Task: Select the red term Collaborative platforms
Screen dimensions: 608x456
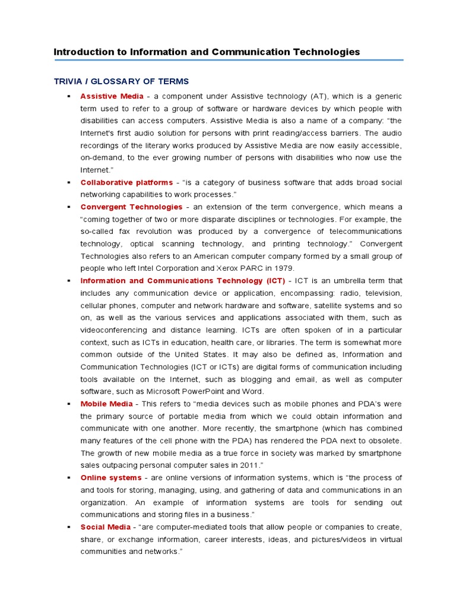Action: point(126,182)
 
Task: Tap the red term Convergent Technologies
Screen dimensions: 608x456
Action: point(131,207)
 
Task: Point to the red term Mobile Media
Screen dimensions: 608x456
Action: point(107,404)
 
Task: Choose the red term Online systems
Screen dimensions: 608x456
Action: point(111,477)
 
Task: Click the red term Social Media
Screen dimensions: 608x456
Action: point(106,527)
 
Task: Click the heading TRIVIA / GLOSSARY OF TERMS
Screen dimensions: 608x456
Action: point(121,81)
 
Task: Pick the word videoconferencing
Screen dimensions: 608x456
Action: point(113,330)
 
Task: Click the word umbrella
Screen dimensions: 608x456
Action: point(341,280)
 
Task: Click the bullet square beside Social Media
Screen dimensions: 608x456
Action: point(69,527)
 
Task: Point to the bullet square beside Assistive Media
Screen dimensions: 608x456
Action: point(69,96)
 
